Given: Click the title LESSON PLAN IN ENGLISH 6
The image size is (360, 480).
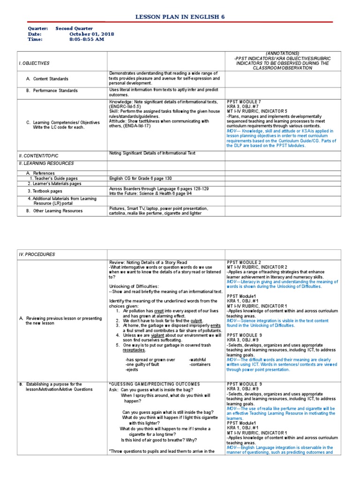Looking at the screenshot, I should click(x=180, y=16).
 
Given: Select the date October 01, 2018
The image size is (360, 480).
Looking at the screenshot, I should click(x=91, y=34).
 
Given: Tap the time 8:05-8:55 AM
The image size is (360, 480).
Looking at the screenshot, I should click(x=87, y=39).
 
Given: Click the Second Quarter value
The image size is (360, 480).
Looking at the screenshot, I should click(x=74, y=28).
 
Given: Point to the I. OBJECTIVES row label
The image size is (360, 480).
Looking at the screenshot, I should click(x=34, y=63).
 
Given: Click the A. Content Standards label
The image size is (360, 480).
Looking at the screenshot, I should click(x=47, y=79).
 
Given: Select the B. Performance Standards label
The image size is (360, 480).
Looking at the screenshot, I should click(x=52, y=90).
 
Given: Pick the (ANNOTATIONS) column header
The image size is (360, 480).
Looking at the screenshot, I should click(x=283, y=53).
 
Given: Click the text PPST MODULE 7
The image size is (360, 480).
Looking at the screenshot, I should click(x=244, y=102).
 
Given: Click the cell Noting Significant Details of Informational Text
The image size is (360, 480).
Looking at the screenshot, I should click(x=152, y=153).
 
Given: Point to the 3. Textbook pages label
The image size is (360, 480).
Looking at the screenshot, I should click(x=45, y=191).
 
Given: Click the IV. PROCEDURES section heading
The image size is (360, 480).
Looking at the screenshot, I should click(x=37, y=254).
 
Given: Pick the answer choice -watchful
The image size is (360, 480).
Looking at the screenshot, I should click(x=200, y=360).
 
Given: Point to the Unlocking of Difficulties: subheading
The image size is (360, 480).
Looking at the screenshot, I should click(x=134, y=286).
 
